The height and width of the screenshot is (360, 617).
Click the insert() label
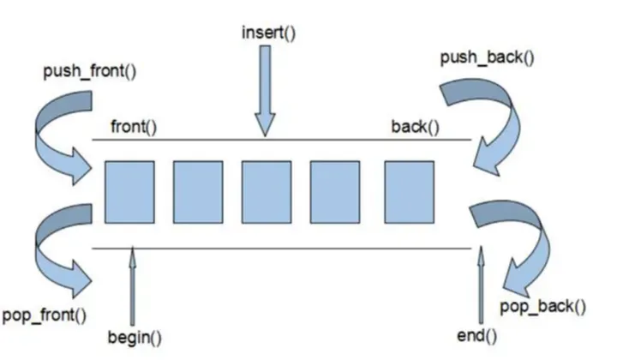[x=267, y=35]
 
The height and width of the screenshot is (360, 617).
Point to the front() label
[x=133, y=128]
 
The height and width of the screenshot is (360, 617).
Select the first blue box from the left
[x=129, y=193]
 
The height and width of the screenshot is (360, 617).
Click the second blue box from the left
[x=198, y=193]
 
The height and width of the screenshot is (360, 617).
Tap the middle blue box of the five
[x=266, y=193]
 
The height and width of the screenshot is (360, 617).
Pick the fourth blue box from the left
[x=333, y=193]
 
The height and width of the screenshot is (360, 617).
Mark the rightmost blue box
[x=402, y=193]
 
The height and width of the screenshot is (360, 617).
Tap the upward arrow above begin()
[x=134, y=283]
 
